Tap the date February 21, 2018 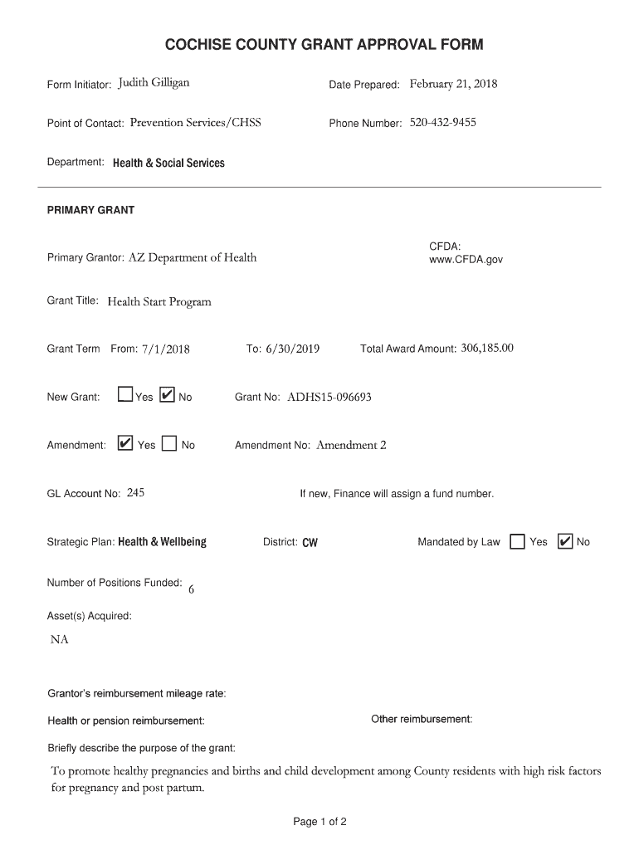click(453, 84)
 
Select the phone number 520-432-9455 click(443, 123)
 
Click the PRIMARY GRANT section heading click(90, 210)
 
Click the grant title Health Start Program click(159, 301)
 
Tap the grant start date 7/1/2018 click(165, 349)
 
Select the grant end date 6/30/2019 click(293, 349)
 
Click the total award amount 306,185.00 click(487, 349)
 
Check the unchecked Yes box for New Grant click(124, 396)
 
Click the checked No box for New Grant click(166, 396)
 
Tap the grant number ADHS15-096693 click(329, 398)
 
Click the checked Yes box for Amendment click(124, 444)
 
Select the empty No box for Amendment click(169, 444)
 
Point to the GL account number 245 click(135, 493)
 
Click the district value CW click(310, 543)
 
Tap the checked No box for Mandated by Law click(564, 541)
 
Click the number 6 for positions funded click(192, 590)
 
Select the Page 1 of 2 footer click(319, 822)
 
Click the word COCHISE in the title click(203, 44)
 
